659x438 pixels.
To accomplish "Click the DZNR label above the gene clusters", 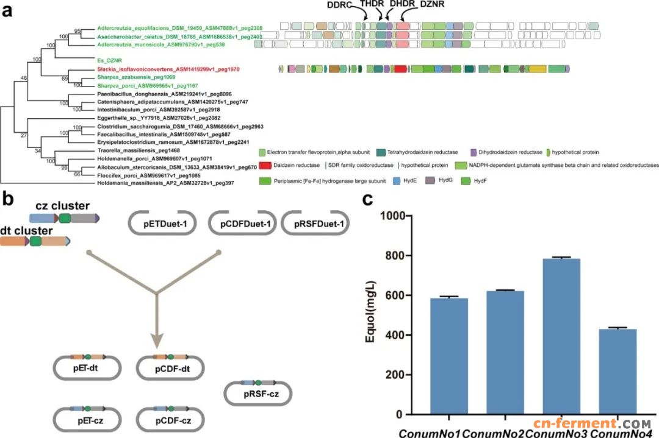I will pos(434,5).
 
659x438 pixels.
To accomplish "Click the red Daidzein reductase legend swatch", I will pos(265,165).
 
